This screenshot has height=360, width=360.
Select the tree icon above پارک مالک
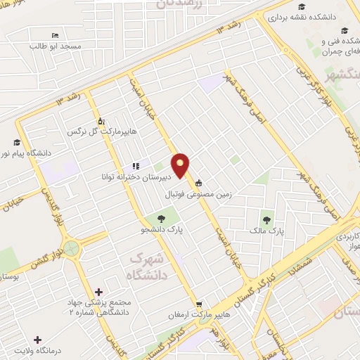(x=266, y=215)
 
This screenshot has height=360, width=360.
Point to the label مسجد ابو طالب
(x=56, y=46)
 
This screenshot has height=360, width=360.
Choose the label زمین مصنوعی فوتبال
(x=199, y=193)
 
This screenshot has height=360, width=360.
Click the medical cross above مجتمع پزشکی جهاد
(x=98, y=292)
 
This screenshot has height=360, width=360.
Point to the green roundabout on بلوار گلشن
(x=72, y=248)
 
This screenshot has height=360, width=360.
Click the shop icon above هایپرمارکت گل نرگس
(x=101, y=120)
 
